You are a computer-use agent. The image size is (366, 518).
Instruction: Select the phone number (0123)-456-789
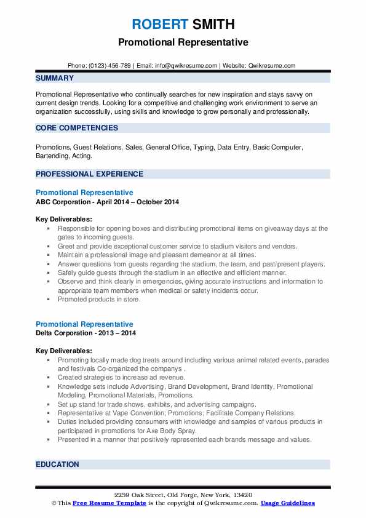click(x=109, y=65)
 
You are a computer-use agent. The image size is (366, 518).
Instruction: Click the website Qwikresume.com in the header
click(x=272, y=65)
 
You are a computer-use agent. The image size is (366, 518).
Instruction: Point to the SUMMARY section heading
click(x=55, y=78)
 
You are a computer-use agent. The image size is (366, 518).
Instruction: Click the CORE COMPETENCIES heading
click(x=77, y=128)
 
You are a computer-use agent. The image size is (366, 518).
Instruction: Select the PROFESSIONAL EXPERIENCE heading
click(x=89, y=174)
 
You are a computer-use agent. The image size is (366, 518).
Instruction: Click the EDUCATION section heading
click(x=57, y=464)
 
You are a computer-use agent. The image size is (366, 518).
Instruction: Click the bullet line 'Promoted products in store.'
click(x=99, y=300)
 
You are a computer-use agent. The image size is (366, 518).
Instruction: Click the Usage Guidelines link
click(x=287, y=503)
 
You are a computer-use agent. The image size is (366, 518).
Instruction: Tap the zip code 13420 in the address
click(x=241, y=495)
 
